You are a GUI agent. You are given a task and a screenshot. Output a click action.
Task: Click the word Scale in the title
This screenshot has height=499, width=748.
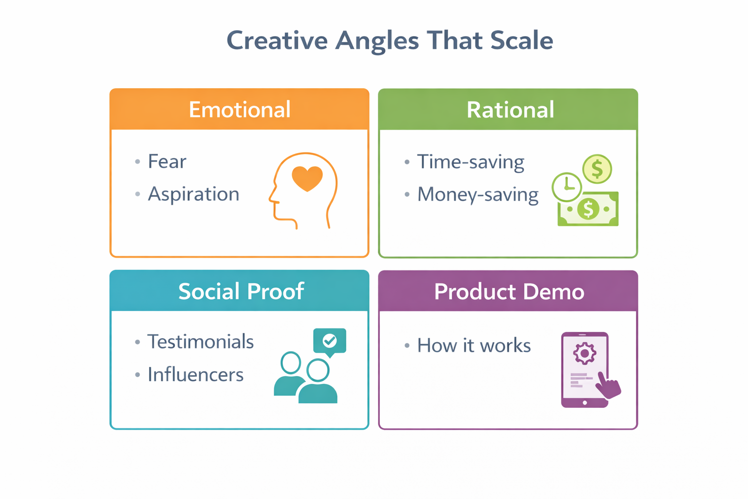522,40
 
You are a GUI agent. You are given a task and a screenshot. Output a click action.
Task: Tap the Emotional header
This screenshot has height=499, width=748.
240,110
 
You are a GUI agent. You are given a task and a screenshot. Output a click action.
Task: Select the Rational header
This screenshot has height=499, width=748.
510,110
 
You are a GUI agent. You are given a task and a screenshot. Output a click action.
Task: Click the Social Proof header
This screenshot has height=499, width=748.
241,291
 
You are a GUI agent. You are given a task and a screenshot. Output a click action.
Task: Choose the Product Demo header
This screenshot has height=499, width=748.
509,291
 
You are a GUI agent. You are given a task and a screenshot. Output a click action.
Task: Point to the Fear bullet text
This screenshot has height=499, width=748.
167,162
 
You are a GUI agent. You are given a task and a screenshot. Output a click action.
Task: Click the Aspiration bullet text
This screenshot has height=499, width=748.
193,194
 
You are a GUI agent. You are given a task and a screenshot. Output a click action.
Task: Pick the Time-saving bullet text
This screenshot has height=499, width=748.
470,162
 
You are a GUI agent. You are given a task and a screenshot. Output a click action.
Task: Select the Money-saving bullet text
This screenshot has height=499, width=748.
478,194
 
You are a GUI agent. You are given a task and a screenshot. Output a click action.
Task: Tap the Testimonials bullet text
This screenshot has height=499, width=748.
200,342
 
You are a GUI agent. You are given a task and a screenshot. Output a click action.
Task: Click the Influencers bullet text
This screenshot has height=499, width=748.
195,375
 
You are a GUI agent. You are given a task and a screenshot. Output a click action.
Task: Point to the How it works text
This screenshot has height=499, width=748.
474,345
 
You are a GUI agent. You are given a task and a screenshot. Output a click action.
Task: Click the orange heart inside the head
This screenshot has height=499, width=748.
307,178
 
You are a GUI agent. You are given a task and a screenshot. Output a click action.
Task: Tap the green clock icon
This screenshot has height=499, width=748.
566,187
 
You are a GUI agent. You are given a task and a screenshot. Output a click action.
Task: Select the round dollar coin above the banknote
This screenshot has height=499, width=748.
597,169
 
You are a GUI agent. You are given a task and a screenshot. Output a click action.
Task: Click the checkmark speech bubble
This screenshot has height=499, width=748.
330,341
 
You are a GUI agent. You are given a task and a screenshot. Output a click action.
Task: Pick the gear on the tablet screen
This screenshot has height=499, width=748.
584,353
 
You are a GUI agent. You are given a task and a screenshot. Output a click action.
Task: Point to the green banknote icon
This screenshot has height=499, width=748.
588,210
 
